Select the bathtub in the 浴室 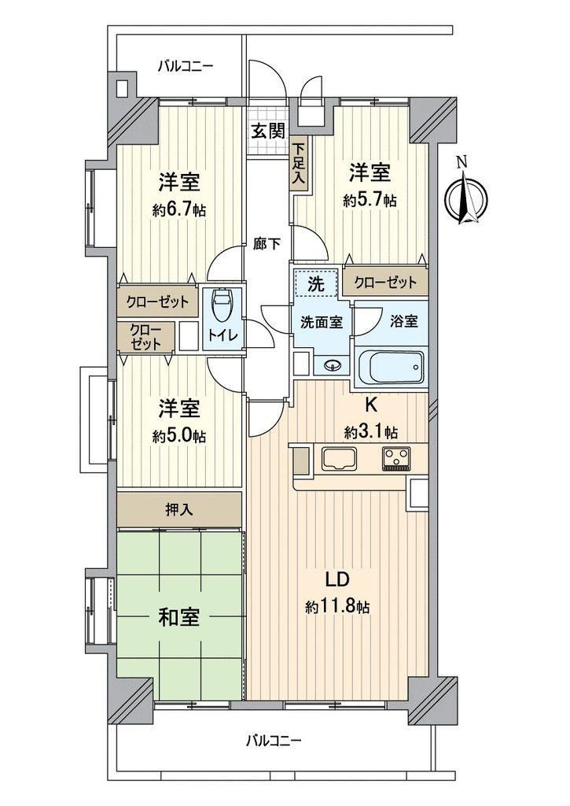(391, 368)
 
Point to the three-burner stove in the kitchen (396, 459)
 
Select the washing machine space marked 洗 (316, 283)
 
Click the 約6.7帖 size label (179, 209)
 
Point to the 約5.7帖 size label (370, 200)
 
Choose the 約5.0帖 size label (179, 436)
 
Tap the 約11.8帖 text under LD (337, 607)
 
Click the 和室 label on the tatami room (178, 617)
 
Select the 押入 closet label (179, 509)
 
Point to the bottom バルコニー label (273, 740)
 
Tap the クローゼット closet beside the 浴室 (385, 282)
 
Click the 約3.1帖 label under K (371, 433)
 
